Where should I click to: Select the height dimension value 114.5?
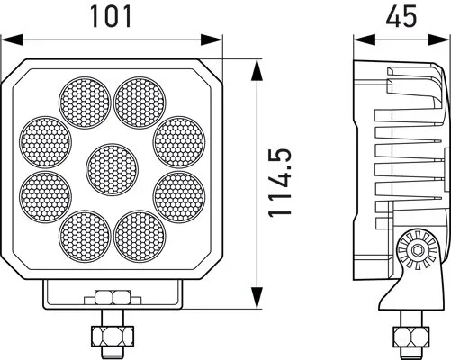[x=282, y=184]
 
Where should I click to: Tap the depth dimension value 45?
[x=401, y=15]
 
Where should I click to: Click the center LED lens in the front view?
[x=113, y=167]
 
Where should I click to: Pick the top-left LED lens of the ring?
[x=85, y=99]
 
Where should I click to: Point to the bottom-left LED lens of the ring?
[x=85, y=235]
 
